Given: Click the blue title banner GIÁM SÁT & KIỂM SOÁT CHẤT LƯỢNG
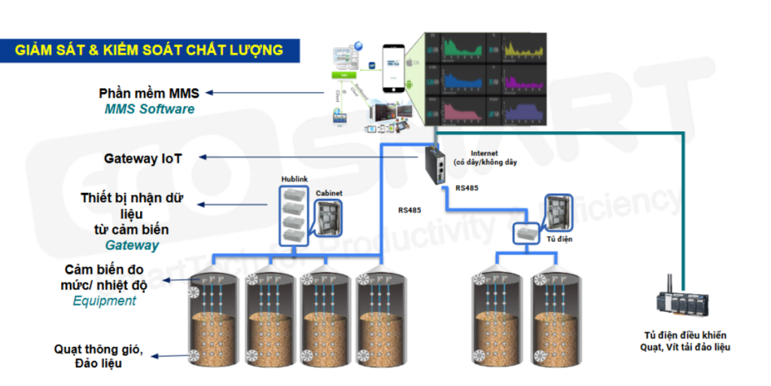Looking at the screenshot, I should click(150, 51).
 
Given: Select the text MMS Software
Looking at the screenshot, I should click(149, 109).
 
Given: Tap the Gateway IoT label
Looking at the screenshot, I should click(143, 159).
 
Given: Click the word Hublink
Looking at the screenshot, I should click(294, 179).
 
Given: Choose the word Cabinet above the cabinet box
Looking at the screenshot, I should click(329, 193).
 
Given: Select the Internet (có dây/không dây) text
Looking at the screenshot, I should click(485, 158).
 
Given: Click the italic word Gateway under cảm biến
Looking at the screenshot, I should click(132, 245).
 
